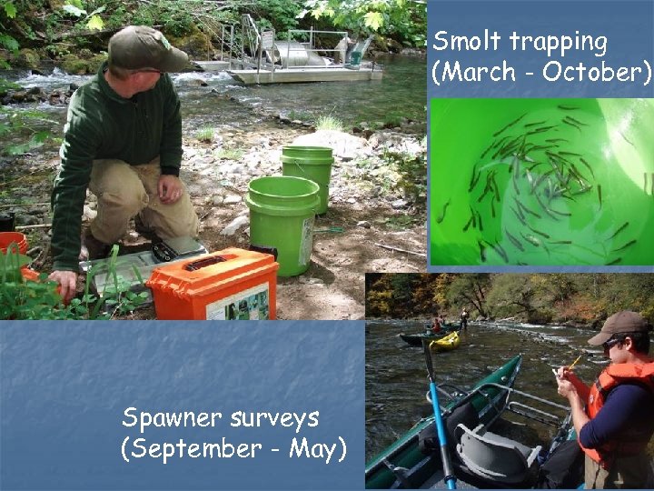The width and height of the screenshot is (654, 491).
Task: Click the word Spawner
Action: (172, 419)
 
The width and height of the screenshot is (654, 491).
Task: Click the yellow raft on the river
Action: (444, 341)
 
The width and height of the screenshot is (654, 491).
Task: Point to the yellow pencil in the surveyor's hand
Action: (573, 364)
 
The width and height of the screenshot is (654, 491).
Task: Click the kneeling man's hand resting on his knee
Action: (169, 188)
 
